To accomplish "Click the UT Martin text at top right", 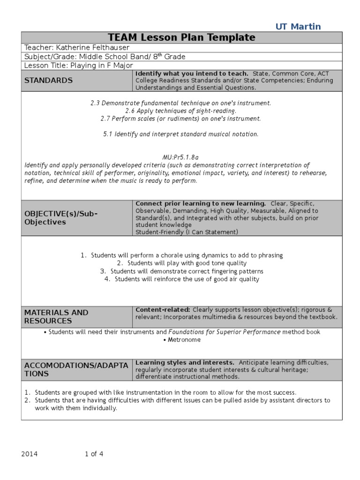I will (298, 26).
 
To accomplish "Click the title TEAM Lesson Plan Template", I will (181, 37).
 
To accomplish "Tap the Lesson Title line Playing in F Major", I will (78, 65).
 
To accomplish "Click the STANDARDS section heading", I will (49, 81).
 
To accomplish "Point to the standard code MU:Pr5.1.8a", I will (181, 157).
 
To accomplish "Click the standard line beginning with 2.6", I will (181, 111).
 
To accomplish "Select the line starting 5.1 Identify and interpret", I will (181, 134).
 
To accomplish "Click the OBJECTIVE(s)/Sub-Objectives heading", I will (61, 217).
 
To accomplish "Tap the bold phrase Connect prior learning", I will (201, 203).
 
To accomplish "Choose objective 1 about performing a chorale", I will (181, 255).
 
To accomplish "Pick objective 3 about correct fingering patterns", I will (181, 271).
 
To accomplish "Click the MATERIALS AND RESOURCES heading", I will (56, 316).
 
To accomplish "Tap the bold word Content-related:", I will (163, 310).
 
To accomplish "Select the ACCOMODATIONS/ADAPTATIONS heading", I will (76, 369).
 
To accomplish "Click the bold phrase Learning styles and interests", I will (185, 362).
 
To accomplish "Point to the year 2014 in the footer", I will (30, 454).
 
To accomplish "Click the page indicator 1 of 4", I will (94, 454).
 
